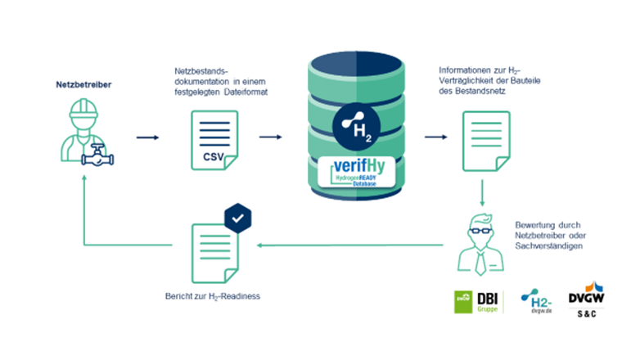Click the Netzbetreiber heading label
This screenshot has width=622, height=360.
pyautogui.click(x=84, y=84)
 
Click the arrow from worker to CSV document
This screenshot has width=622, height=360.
pyautogui.click(x=147, y=137)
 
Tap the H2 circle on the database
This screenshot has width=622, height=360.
pyautogui.click(x=358, y=128)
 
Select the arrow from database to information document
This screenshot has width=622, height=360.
pyautogui.click(x=440, y=137)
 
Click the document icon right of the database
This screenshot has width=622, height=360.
pyautogui.click(x=482, y=138)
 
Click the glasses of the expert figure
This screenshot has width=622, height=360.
pyautogui.click(x=483, y=230)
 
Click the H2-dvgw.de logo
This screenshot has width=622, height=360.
pyautogui.click(x=538, y=302)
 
